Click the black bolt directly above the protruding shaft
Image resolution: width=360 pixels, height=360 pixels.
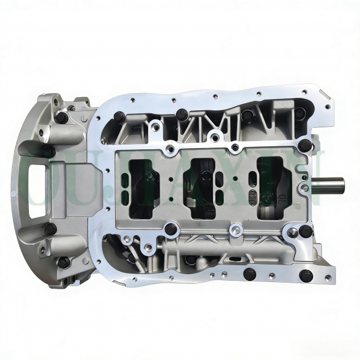pyautogui.click(x=305, y=145)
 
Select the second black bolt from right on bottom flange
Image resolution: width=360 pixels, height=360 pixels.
pyautogui.click(x=249, y=275)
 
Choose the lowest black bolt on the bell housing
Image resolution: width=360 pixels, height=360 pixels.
pyautogui.click(x=63, y=262)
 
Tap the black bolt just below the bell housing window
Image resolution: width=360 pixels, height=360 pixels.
pyautogui.click(x=50, y=229)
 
